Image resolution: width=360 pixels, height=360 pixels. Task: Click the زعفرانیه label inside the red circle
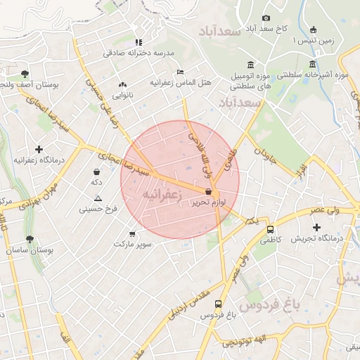click(x=162, y=193)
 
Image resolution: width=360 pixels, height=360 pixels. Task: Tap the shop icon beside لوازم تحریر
click(x=209, y=192)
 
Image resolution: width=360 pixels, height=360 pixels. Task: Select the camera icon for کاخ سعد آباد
click(x=266, y=18)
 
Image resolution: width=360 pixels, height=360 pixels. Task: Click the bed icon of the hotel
click(x=181, y=72)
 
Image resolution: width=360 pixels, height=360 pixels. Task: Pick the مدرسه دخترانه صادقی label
click(x=138, y=53)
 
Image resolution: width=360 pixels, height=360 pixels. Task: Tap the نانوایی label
click(x=122, y=95)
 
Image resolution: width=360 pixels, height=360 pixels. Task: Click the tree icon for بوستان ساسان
click(x=30, y=240)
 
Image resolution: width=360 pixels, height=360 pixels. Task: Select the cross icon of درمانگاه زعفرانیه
click(x=39, y=149)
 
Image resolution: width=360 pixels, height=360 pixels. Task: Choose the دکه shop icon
click(x=96, y=172)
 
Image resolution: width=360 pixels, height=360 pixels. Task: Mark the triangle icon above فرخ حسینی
click(x=98, y=198)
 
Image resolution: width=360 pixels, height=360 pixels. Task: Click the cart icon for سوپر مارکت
click(x=132, y=233)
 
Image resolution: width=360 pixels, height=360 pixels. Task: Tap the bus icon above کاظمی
click(x=271, y=229)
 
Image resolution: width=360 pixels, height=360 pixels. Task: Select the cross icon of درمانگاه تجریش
click(x=316, y=227)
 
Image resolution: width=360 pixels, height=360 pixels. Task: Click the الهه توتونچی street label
click(x=245, y=341)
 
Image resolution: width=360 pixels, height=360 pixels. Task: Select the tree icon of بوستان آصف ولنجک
click(x=25, y=73)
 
